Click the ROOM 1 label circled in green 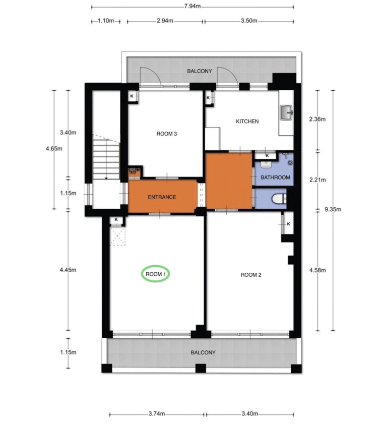click(156, 274)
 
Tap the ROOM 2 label click(251, 275)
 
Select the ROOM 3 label click(167, 134)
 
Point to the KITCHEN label click(247, 121)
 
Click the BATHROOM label click(275, 177)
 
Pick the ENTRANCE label click(162, 197)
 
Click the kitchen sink click(286, 112)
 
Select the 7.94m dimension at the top click(192, 6)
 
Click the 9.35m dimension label click(333, 209)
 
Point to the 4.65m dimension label click(54, 149)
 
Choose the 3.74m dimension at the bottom click(157, 414)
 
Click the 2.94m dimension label click(165, 21)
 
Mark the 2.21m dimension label click(317, 180)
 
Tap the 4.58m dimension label click(317, 270)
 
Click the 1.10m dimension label click(106, 21)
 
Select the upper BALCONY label click(200, 71)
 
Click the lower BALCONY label click(203, 352)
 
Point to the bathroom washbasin click(266, 164)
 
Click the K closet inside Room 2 click(288, 224)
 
